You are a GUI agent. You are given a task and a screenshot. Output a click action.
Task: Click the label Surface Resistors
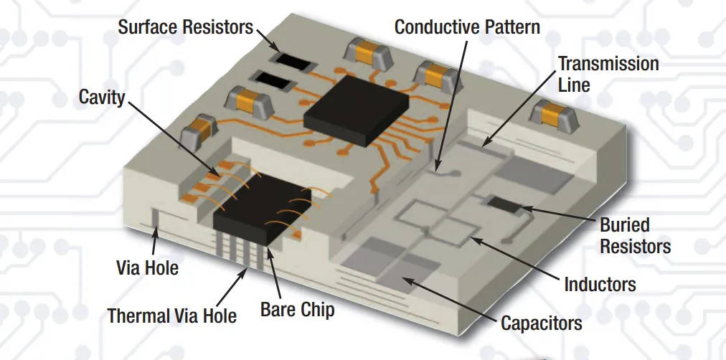(x=185, y=28)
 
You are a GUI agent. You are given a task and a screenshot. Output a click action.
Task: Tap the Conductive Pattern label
(x=467, y=27)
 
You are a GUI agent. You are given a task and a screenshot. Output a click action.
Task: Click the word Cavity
(x=102, y=97)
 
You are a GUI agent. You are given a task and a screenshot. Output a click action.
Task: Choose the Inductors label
(x=600, y=284)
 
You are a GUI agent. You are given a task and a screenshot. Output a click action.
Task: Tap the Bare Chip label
(x=297, y=310)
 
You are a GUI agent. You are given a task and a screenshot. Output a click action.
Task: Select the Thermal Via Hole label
(x=172, y=316)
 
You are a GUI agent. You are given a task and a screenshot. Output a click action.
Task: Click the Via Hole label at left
(x=147, y=269)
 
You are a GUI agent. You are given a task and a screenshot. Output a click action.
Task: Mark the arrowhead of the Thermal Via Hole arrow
(x=249, y=269)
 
